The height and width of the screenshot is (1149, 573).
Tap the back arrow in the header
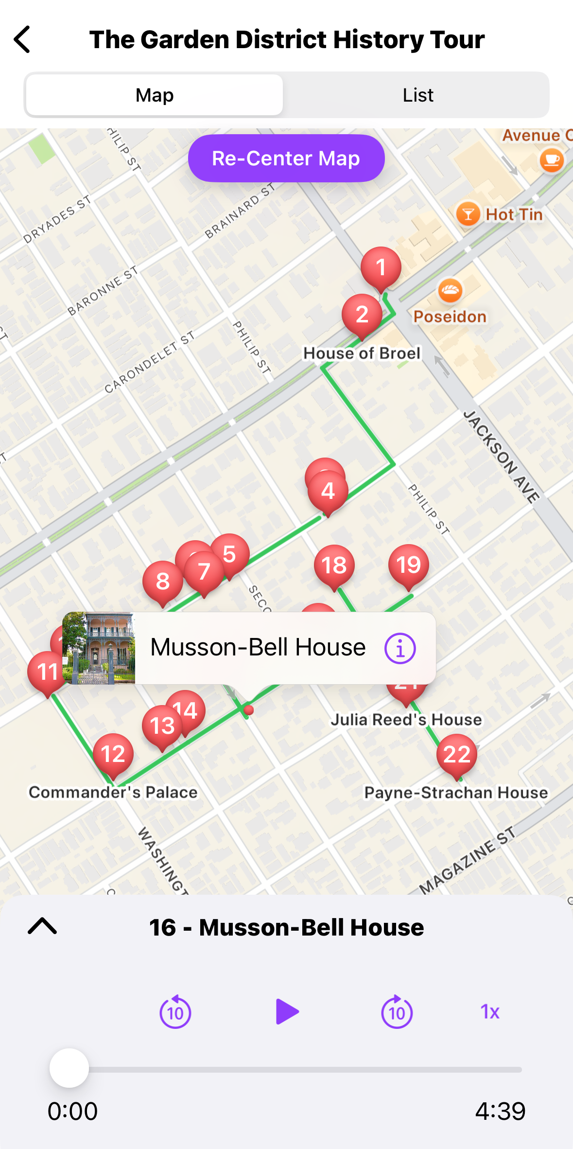(22, 39)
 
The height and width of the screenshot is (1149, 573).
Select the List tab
(417, 95)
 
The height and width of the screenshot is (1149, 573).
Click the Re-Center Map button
(286, 159)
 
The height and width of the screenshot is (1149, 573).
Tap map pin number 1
(381, 267)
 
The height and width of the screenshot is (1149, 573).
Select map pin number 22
(456, 754)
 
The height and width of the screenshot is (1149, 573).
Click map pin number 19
(408, 565)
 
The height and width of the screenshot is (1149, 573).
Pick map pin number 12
(113, 754)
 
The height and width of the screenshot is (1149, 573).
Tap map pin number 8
(162, 581)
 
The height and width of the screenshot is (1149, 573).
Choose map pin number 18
(334, 565)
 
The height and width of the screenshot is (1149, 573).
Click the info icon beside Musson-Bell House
(400, 648)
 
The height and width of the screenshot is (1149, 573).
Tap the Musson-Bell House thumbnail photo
(99, 648)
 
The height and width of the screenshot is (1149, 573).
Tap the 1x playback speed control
(490, 1012)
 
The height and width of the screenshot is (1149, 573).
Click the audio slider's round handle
(69, 1068)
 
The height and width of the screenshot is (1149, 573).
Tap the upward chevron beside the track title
(42, 926)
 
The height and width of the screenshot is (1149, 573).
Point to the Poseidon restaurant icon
(450, 291)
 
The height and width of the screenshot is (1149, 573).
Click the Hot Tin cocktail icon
(468, 214)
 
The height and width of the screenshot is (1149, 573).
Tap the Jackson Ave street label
(501, 456)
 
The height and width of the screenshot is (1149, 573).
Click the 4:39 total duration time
(500, 1111)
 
